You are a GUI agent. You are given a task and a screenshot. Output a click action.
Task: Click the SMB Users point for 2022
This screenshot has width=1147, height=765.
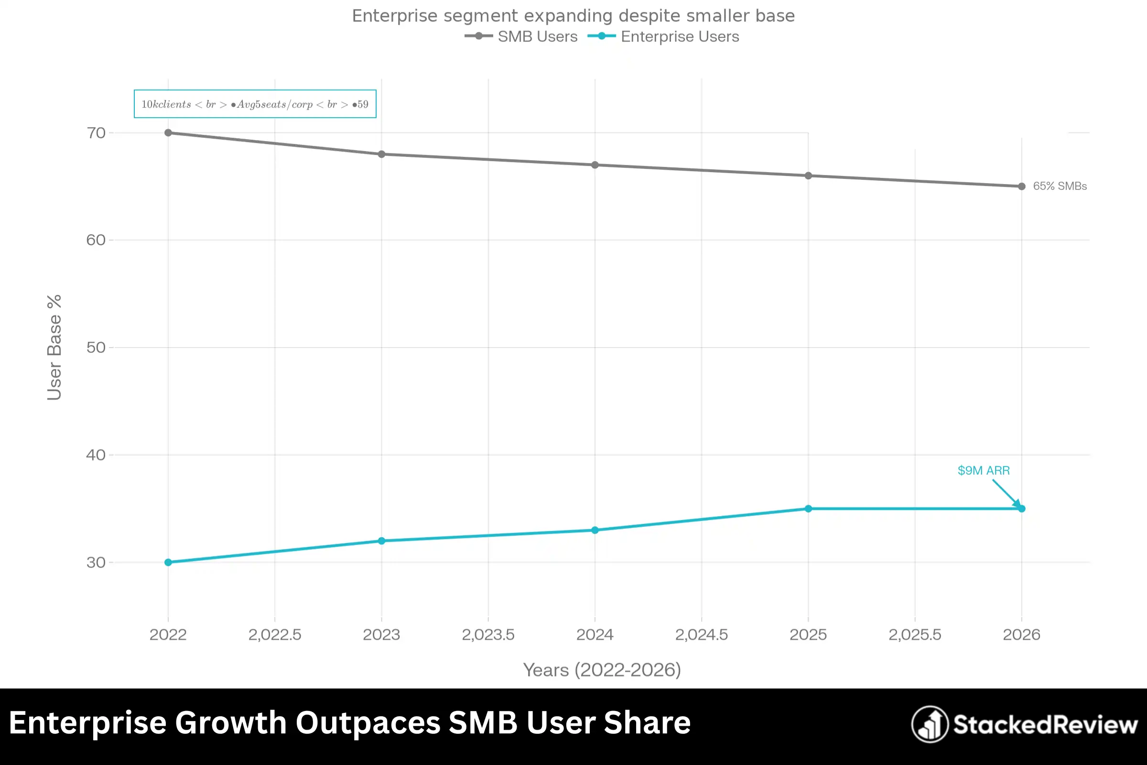[168, 133]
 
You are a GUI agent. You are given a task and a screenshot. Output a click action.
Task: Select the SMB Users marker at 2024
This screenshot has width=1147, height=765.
[595, 165]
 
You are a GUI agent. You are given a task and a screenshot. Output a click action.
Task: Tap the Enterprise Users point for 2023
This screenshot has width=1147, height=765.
[381, 541]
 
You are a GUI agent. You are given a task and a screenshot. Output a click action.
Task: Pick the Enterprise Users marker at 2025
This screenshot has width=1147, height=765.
[808, 508]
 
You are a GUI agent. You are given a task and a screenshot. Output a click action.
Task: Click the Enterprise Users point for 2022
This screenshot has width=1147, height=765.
[168, 562]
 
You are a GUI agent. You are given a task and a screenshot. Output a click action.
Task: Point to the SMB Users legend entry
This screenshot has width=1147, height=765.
[521, 37]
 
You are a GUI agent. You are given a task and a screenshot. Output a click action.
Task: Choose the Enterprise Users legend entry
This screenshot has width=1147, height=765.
[664, 37]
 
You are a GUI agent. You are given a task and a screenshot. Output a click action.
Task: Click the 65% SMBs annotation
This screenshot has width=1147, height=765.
[1059, 186]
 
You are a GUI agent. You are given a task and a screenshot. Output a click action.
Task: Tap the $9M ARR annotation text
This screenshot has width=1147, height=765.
[983, 470]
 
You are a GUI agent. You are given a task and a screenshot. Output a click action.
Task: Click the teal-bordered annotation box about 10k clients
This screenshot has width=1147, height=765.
[255, 104]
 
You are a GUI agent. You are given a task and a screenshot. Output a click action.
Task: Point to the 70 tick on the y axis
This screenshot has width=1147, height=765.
[96, 133]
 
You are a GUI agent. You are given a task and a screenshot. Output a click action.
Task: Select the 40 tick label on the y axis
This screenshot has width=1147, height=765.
[96, 455]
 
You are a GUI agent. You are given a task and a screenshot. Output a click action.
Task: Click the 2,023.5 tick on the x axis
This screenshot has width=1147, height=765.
[488, 634]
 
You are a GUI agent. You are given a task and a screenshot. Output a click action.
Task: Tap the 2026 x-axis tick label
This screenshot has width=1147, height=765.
[1021, 634]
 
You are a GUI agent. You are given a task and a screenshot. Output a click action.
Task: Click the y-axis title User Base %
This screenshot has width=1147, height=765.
[54, 348]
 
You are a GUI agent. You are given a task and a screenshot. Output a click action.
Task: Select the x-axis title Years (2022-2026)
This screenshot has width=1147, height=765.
[602, 670]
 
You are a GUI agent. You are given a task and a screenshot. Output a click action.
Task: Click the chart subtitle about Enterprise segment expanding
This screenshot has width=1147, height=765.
[573, 16]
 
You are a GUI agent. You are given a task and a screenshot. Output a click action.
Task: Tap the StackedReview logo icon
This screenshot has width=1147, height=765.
[930, 724]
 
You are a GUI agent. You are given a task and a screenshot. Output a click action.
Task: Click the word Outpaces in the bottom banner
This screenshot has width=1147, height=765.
[368, 722]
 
